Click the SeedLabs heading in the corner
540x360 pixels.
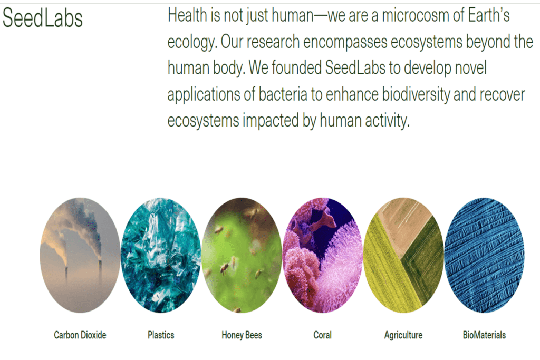coord(43,18)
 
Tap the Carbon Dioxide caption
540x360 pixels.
coord(80,335)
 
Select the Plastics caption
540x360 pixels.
coord(161,335)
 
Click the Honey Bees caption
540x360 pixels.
coord(242,335)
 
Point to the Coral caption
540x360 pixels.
coord(322,335)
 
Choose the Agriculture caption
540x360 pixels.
coord(403,335)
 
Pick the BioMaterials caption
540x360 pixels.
coord(484,335)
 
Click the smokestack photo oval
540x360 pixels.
coord(80,256)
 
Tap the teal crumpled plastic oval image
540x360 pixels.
coord(161,256)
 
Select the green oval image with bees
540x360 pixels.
coord(242,256)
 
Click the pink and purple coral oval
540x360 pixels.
coord(322,256)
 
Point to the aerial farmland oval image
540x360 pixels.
coord(403,256)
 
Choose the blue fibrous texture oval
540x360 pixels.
coord(484,256)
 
